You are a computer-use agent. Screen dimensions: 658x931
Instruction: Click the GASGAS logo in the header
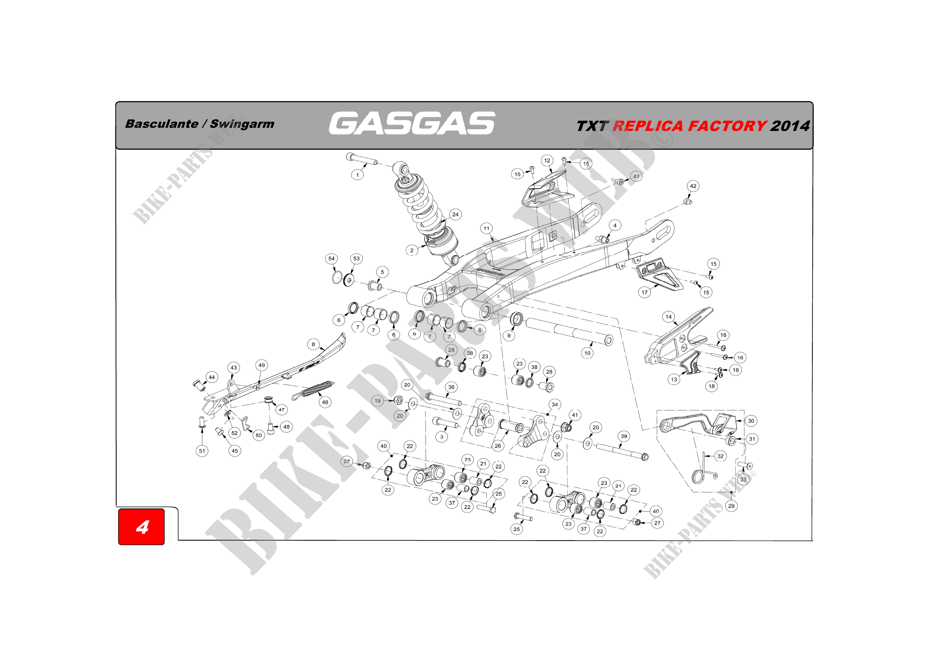click(412, 123)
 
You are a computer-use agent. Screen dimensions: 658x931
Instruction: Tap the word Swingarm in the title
click(242, 124)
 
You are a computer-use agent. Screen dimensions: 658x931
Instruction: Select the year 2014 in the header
click(789, 126)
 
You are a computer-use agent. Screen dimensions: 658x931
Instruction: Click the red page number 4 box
click(142, 527)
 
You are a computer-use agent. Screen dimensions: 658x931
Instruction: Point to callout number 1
click(357, 175)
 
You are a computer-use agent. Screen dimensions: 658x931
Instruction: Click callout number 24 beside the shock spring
click(455, 215)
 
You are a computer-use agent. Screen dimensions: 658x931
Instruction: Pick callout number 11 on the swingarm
click(486, 228)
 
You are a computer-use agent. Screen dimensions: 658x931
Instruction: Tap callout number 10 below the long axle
click(587, 353)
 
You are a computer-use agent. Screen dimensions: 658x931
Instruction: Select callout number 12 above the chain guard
click(547, 160)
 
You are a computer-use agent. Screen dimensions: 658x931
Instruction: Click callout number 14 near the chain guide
click(669, 316)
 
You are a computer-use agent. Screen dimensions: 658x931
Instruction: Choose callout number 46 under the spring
click(325, 402)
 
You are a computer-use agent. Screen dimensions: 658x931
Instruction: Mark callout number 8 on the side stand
click(313, 344)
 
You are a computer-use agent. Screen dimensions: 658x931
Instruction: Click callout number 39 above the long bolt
click(624, 436)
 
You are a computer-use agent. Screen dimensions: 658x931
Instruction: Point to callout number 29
click(731, 506)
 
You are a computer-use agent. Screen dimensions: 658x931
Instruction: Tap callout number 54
click(331, 259)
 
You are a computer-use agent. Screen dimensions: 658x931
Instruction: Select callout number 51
click(202, 451)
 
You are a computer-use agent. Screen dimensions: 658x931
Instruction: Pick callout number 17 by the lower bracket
click(644, 292)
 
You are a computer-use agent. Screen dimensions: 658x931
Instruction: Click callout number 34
click(555, 404)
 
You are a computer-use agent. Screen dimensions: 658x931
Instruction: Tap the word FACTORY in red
click(727, 126)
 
